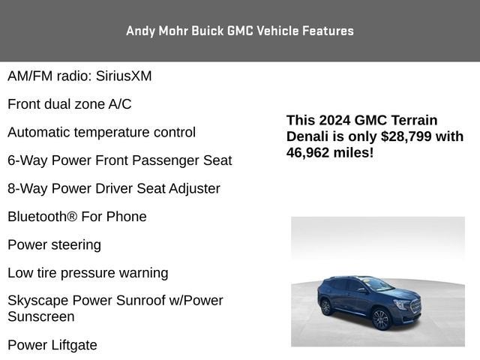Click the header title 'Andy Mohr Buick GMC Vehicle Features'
click(240, 31)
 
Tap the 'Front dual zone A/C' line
click(70, 104)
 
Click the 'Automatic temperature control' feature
click(102, 132)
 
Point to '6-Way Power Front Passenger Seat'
click(120, 160)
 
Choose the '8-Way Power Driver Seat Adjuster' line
click(114, 188)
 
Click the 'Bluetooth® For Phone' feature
click(77, 217)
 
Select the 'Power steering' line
click(54, 244)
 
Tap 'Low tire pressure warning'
click(88, 273)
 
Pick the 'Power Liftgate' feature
click(52, 345)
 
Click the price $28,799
click(408, 136)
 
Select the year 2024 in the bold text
click(334, 120)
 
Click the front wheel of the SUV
click(381, 319)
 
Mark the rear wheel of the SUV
click(325, 307)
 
